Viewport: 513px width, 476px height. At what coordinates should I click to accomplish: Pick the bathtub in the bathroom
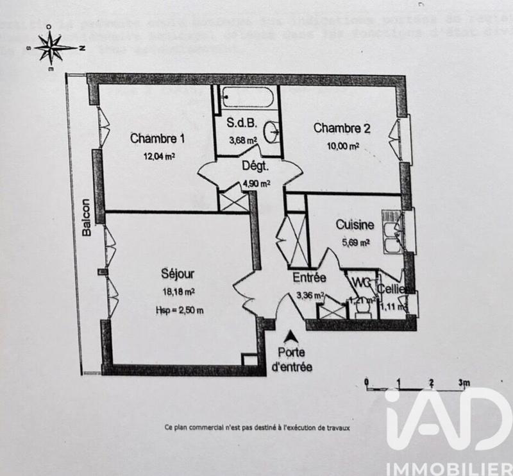pos(246,99)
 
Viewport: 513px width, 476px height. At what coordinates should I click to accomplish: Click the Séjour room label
pos(178,274)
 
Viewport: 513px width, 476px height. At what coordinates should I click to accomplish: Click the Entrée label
pos(309,278)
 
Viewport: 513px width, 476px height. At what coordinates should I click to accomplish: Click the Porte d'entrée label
pos(292,360)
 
